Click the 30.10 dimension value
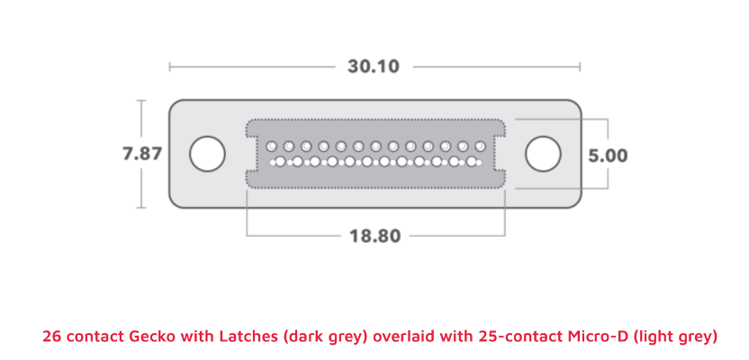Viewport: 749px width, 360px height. pyautogui.click(x=373, y=67)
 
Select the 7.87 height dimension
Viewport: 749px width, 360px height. pyautogui.click(x=142, y=154)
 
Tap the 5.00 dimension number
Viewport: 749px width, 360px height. pyautogui.click(x=608, y=156)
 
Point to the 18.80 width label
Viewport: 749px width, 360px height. pyautogui.click(x=375, y=236)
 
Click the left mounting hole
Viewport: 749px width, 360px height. pyautogui.click(x=207, y=154)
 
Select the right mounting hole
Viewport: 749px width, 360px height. pyautogui.click(x=543, y=154)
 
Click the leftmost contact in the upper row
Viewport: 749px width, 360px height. pyautogui.click(x=271, y=146)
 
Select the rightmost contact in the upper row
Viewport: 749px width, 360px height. pyautogui.click(x=480, y=146)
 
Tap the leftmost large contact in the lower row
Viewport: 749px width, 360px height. pyautogui.click(x=280, y=162)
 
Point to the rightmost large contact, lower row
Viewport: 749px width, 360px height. pyautogui.click(x=472, y=162)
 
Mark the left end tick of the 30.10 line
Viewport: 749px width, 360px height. pyautogui.click(x=169, y=67)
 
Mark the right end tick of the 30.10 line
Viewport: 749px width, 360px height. pyautogui.click(x=580, y=67)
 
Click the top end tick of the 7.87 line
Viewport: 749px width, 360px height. pyautogui.click(x=141, y=101)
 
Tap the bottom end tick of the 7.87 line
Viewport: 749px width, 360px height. pyautogui.click(x=141, y=208)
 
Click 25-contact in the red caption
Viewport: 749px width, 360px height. pyautogui.click(x=521, y=336)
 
